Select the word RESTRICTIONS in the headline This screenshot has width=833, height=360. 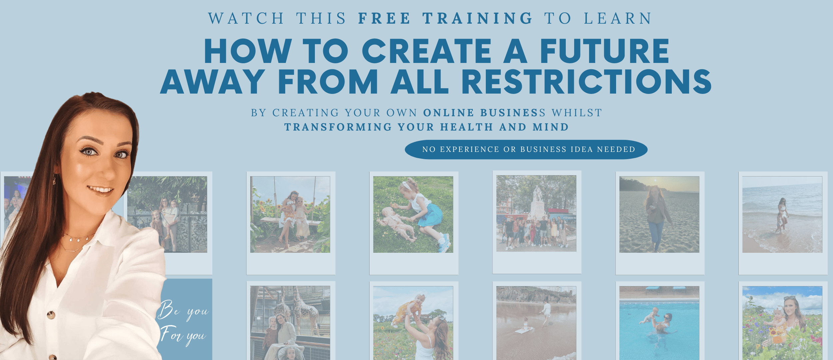586,82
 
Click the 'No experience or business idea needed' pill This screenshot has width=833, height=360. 526,150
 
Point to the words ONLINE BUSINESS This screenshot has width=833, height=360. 484,113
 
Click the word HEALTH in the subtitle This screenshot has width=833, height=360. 466,127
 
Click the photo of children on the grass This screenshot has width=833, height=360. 413,214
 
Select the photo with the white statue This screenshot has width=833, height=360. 536,213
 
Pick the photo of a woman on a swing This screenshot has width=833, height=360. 290,214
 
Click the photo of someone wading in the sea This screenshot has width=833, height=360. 782,214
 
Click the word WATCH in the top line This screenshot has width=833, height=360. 246,18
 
